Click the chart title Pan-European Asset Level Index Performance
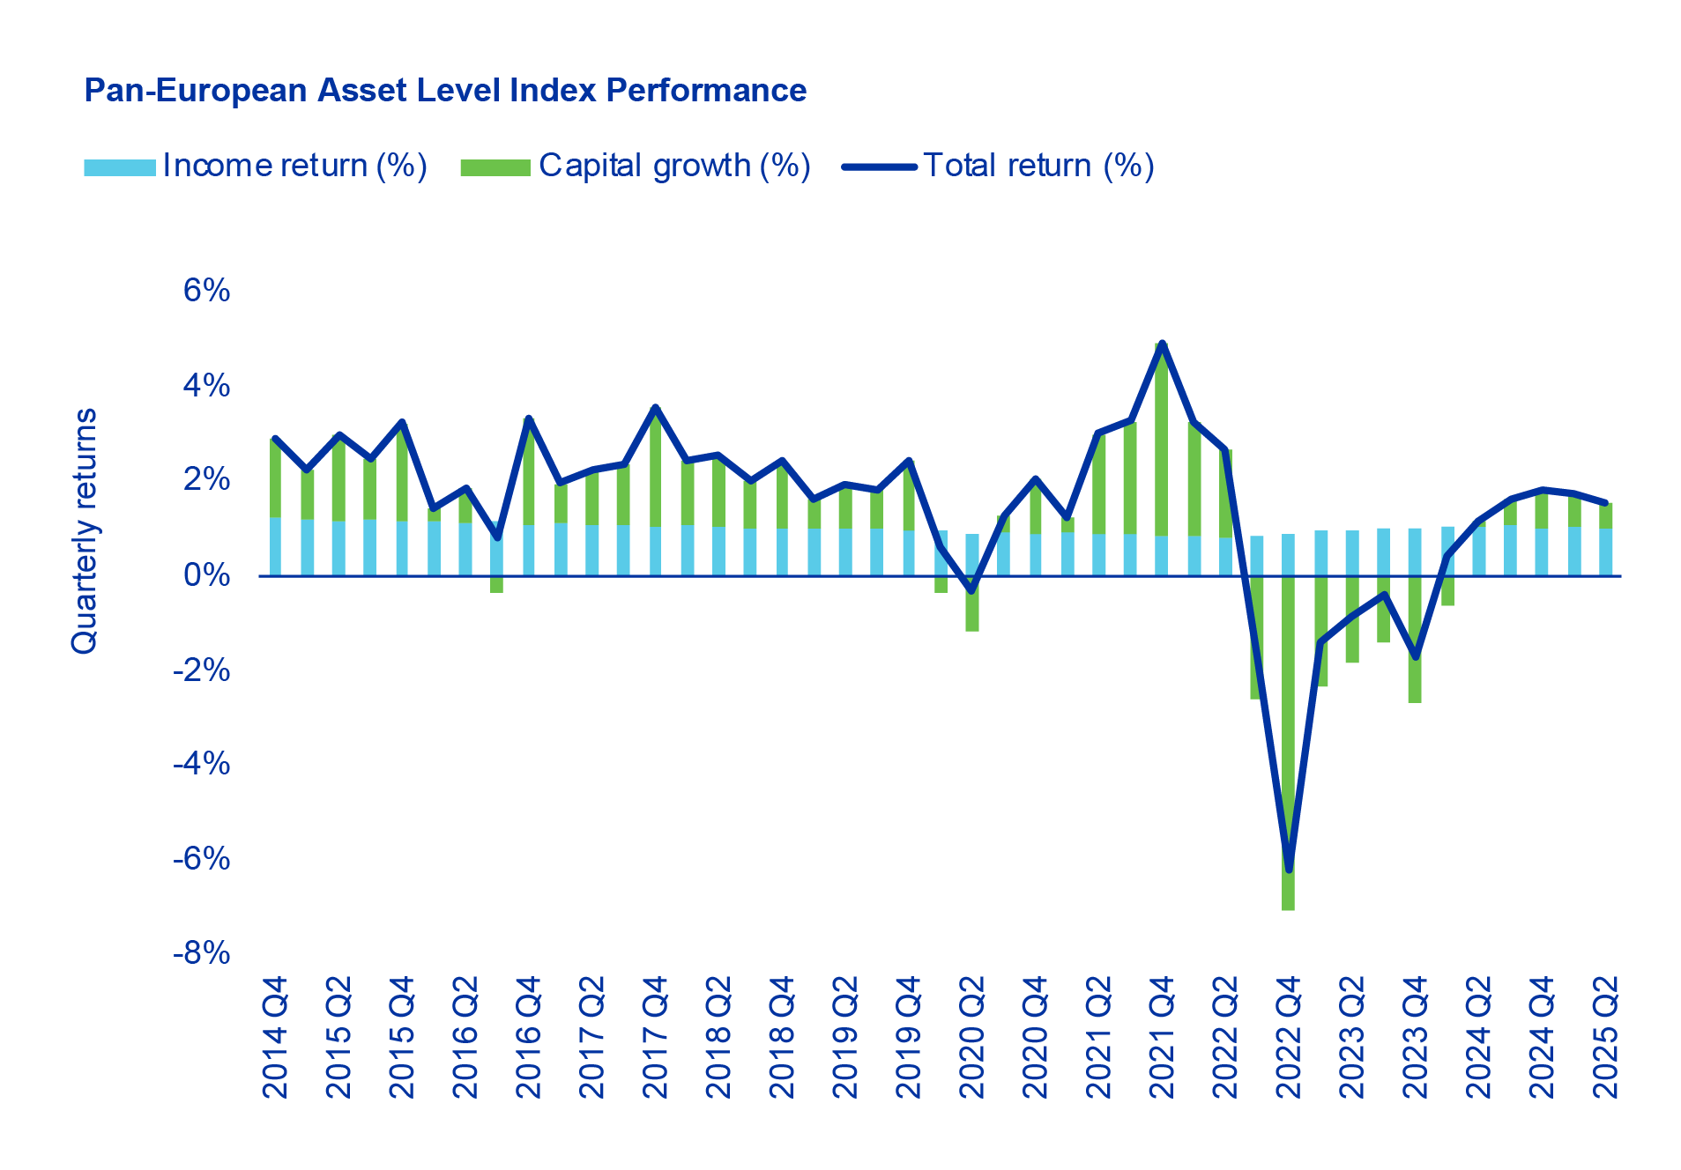coord(444,91)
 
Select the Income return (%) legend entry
coord(256,166)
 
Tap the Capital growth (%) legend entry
coord(635,166)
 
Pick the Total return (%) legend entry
coord(999,166)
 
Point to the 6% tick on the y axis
coord(206,290)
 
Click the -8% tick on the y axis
coord(202,952)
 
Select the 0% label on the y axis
coord(206,574)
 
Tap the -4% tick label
coord(202,763)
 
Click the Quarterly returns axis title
coord(85,530)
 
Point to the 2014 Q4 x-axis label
coord(275,1037)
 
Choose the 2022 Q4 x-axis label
coord(1289,1037)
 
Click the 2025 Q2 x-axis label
coord(1606,1037)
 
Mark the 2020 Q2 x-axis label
coord(972,1037)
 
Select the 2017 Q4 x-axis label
coord(655,1037)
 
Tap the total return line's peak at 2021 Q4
coord(1162,343)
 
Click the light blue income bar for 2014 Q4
coord(275,546)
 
